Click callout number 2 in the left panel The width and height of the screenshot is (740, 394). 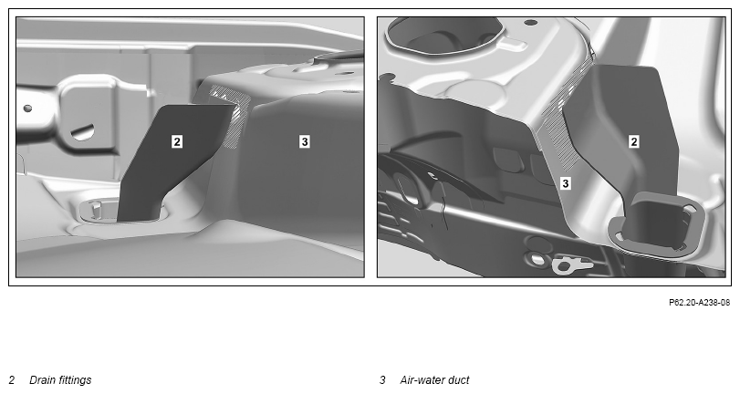[x=176, y=141]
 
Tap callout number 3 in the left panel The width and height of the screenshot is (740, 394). [x=305, y=141]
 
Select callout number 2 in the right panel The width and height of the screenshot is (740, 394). [x=634, y=141]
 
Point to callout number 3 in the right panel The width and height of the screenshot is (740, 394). [x=566, y=183]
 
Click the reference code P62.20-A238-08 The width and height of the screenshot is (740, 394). [x=699, y=303]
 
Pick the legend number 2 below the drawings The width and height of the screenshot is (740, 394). [x=12, y=379]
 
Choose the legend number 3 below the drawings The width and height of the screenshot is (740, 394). [x=382, y=379]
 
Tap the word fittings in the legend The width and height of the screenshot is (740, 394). [x=74, y=380]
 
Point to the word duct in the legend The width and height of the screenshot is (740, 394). [x=459, y=379]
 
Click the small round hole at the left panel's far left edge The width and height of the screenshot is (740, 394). [x=28, y=109]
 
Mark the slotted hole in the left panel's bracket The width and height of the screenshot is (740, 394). [x=82, y=132]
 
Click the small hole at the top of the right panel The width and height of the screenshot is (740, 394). [x=530, y=22]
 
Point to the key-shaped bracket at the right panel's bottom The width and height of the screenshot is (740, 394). [x=572, y=264]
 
